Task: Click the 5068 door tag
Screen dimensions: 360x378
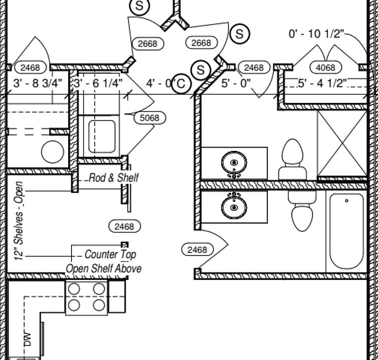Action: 150,118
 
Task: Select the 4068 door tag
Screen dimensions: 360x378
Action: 326,67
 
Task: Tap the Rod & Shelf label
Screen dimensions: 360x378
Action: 114,177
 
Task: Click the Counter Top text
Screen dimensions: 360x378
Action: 110,254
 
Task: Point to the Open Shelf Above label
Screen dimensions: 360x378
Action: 104,268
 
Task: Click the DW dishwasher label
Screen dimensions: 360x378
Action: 27,339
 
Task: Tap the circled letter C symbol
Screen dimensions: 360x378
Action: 181,84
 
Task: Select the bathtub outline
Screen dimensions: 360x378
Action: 346,232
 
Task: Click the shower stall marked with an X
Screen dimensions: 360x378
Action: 342,143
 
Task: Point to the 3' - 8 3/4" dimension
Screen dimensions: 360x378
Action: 38,83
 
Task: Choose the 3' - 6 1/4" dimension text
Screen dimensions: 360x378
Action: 98,83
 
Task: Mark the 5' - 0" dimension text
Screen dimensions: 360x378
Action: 236,83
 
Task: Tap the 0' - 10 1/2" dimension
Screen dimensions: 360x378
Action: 316,34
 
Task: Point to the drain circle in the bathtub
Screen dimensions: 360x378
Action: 346,201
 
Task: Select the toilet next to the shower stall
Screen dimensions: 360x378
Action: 293,160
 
